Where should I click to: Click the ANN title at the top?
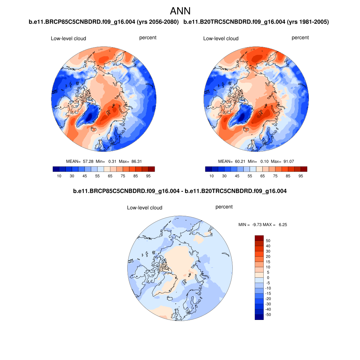coord(180,11)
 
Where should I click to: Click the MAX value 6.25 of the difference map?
coord(283,224)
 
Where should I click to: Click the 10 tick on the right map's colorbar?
coord(211,176)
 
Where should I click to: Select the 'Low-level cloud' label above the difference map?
coord(144,208)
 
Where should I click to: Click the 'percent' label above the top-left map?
coord(148,38)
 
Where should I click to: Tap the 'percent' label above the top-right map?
coord(300,38)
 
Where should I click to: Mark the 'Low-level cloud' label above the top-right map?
coord(221,38)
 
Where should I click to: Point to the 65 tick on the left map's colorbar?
coord(110,176)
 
